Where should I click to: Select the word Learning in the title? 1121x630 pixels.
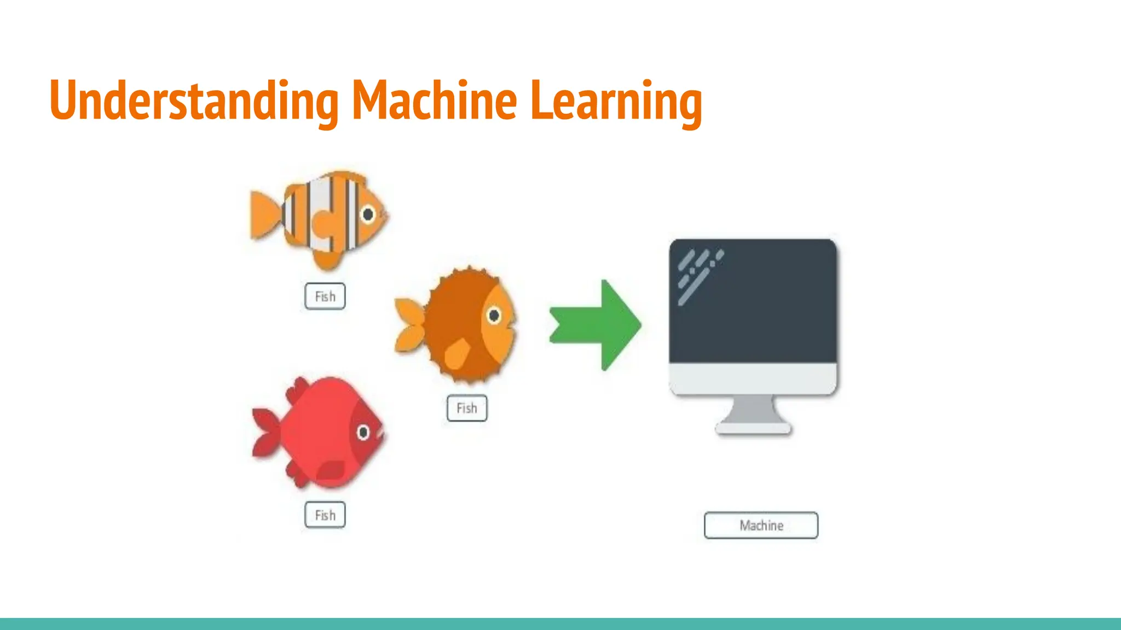[616, 101]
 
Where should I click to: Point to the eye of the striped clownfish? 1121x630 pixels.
[368, 214]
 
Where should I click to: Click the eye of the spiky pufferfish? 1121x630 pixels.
[494, 316]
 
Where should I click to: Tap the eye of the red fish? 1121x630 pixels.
[363, 433]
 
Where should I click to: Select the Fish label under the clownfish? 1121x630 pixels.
[325, 296]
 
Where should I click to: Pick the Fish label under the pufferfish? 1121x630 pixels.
[467, 408]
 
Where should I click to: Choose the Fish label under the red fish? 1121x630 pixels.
[325, 515]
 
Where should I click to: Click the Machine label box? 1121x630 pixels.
[761, 525]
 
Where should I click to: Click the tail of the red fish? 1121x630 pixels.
[266, 431]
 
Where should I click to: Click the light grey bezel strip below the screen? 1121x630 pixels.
[753, 377]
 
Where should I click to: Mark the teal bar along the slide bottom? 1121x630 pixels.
[560, 623]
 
